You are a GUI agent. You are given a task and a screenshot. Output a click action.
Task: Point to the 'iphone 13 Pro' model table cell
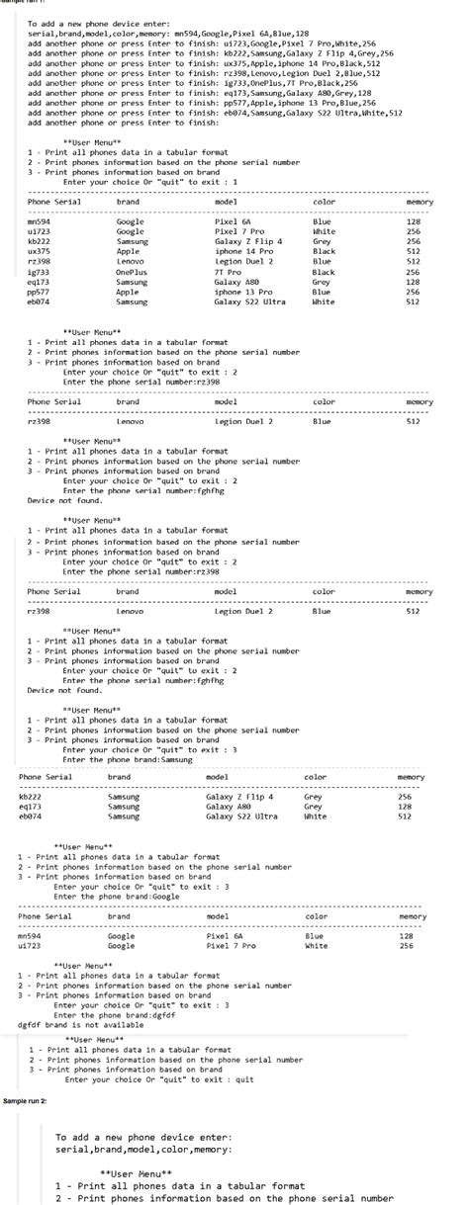(241, 292)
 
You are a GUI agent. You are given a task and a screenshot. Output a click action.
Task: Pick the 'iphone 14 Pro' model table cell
(241, 251)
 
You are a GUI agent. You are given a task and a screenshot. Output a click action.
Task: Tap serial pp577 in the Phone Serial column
(39, 292)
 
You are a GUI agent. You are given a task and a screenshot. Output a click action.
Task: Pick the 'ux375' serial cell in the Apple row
(39, 251)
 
